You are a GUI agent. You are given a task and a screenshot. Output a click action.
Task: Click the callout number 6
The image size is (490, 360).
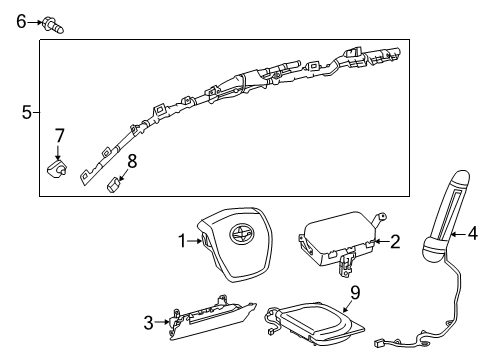tap(20, 20)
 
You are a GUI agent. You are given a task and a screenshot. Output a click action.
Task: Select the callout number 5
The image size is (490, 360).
tap(26, 112)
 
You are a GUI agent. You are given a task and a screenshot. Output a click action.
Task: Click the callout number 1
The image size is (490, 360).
tap(181, 240)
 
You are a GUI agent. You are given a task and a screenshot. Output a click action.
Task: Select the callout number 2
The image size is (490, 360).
tap(395, 240)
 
